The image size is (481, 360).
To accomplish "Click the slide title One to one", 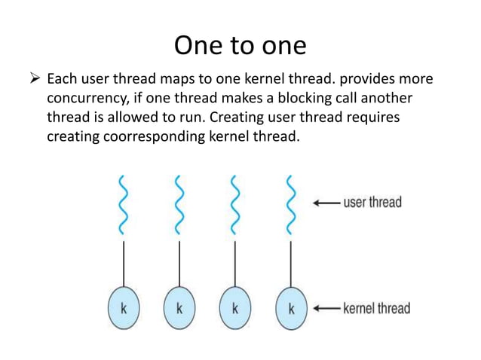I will coord(240,45).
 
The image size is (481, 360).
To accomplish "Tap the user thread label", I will coord(372,203).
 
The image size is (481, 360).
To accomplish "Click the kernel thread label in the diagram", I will coord(376,308).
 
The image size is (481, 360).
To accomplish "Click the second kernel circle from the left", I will coord(179,308).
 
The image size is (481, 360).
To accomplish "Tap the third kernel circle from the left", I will coord(234,308).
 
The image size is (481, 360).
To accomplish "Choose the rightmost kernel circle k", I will coord(291,308).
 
